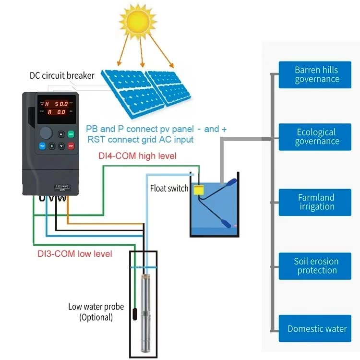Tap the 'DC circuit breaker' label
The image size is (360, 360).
[62, 75]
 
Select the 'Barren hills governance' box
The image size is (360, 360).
[317, 74]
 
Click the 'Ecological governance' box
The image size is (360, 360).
[317, 137]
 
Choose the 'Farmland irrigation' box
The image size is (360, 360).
[317, 202]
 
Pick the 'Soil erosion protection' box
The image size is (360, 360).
[317, 266]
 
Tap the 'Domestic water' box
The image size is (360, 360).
[317, 329]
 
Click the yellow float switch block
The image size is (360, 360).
[198, 190]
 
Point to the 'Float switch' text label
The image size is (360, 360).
[169, 189]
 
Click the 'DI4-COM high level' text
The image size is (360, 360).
[133, 156]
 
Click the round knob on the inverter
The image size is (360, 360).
[46, 133]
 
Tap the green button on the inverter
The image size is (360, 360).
[71, 134]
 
